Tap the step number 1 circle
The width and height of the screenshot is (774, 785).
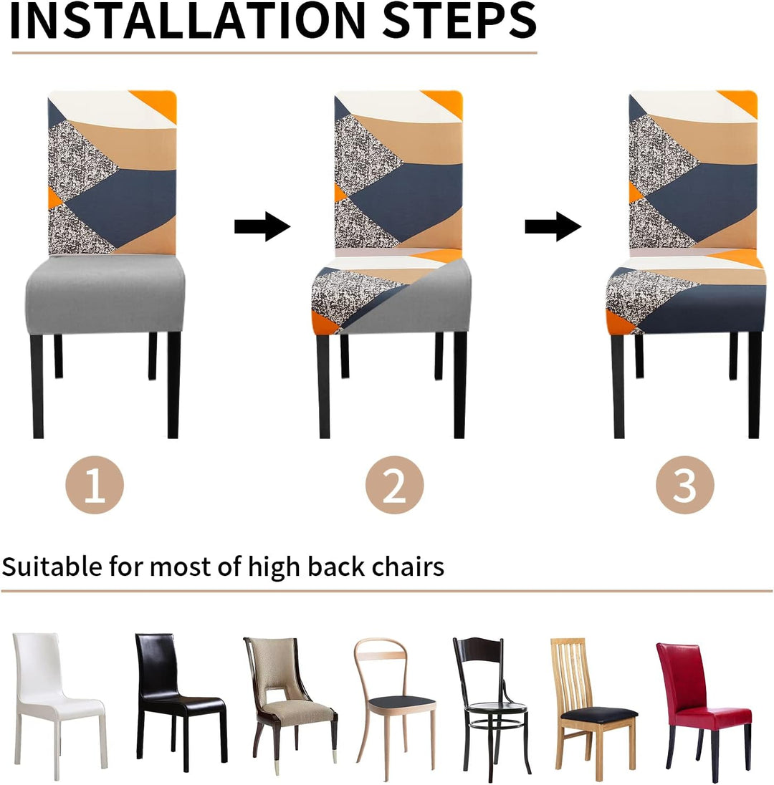[95, 485]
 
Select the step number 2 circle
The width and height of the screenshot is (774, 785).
[394, 485]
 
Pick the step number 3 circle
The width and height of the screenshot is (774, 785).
[685, 485]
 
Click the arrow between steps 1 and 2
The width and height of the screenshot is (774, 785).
[262, 226]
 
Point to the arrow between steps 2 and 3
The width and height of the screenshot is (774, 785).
[553, 226]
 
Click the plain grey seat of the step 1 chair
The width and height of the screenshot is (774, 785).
[105, 293]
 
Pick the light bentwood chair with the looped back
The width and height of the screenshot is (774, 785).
[393, 706]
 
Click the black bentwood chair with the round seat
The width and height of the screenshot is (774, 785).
[491, 706]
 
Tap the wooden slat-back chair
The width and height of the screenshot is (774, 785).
[591, 706]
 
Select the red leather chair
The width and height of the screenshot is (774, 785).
[702, 706]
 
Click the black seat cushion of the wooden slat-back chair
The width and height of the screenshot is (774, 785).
[599, 713]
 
